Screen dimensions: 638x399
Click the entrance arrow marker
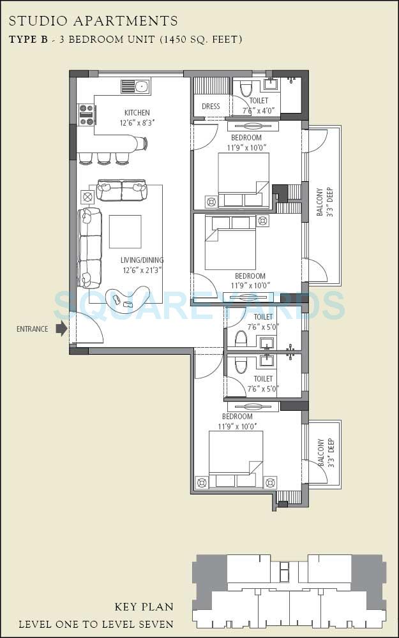coord(61,329)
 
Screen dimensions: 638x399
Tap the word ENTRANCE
coord(33,329)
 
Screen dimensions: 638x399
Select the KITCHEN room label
coord(137,113)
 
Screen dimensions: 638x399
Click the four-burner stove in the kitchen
coord(86,114)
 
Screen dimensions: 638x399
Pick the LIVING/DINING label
coord(142,260)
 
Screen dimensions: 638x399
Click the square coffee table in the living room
coord(125,231)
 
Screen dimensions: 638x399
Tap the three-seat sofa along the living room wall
coord(90,248)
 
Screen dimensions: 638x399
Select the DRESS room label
coord(211,107)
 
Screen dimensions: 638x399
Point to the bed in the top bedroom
coord(243,181)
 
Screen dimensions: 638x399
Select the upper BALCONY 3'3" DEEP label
coord(324,202)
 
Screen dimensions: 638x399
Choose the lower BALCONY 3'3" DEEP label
coord(326,454)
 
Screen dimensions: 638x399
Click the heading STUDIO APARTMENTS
coord(93,22)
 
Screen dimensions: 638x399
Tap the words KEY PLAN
coord(144,607)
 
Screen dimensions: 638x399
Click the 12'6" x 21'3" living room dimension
coord(142,270)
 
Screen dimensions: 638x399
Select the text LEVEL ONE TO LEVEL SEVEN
coord(96,624)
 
